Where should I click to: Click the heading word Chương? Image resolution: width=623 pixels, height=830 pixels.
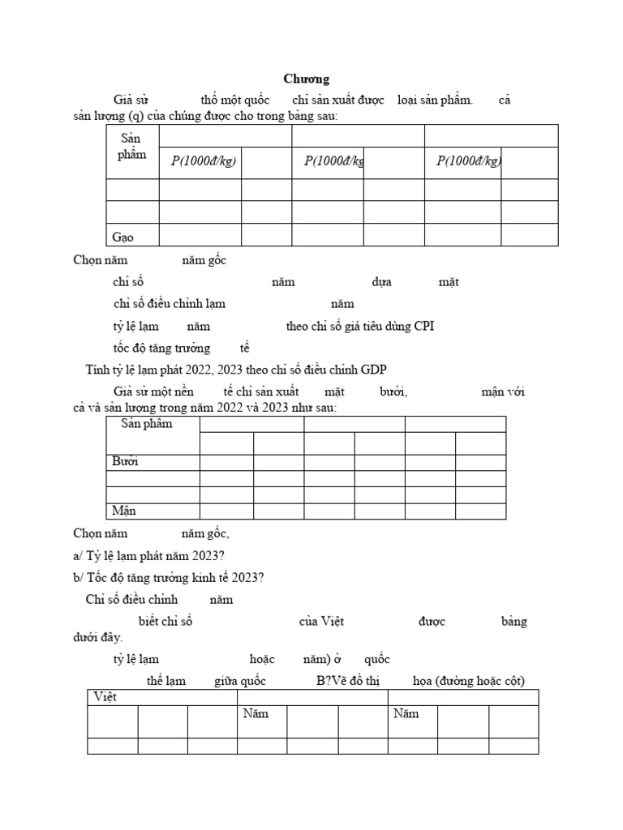tap(306, 79)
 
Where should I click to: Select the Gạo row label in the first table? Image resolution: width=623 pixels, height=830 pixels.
tap(122, 237)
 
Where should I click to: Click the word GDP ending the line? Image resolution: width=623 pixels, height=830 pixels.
tap(374, 370)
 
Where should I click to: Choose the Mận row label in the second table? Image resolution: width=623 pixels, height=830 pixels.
tap(124, 511)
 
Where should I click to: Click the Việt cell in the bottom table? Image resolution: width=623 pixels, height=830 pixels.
tap(105, 697)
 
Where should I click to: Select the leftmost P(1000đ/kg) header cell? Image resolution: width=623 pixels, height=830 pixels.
tap(203, 161)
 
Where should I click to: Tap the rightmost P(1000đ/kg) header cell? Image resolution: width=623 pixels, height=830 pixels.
tap(468, 161)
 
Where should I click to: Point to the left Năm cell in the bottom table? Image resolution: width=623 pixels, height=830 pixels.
tap(255, 714)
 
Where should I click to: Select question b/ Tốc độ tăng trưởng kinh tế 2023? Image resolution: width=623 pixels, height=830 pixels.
tap(168, 577)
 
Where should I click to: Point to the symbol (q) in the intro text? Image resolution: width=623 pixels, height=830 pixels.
tap(126, 116)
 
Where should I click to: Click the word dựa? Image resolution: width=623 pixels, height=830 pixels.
tap(381, 282)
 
